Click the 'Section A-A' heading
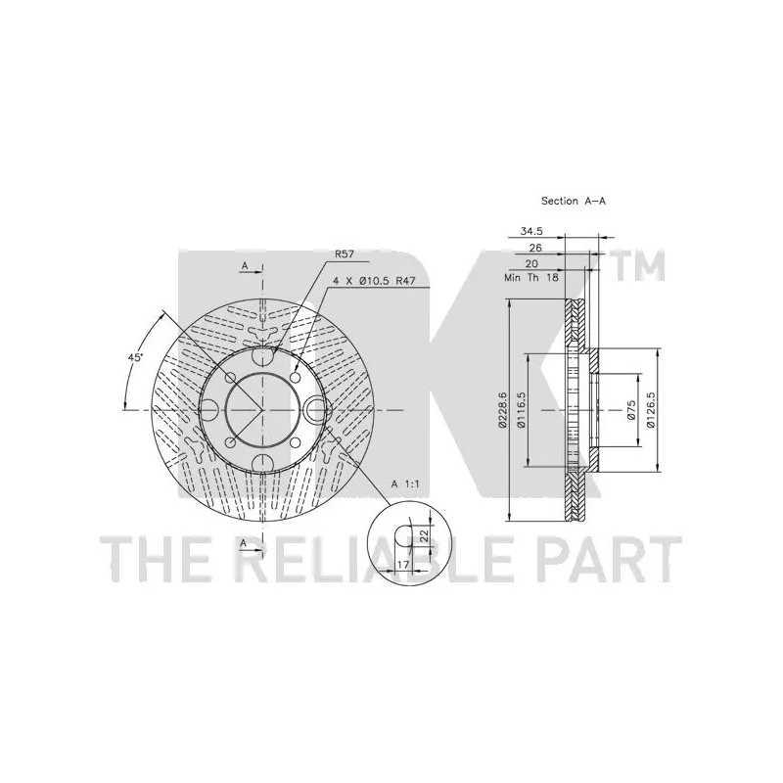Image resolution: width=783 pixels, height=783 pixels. [x=574, y=201]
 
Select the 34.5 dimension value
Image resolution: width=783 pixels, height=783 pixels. [x=531, y=231]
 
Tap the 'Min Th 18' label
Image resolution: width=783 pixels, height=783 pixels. [x=531, y=277]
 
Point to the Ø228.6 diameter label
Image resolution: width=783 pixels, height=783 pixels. [x=502, y=409]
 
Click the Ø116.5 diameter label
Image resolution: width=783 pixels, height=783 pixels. [x=522, y=409]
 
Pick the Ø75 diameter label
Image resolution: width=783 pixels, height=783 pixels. [x=631, y=409]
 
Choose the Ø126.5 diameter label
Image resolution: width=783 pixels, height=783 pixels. [x=650, y=409]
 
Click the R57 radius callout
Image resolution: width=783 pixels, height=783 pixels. [x=345, y=254]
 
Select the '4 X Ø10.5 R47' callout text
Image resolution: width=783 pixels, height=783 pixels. [x=375, y=281]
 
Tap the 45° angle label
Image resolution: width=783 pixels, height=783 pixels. [x=135, y=357]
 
